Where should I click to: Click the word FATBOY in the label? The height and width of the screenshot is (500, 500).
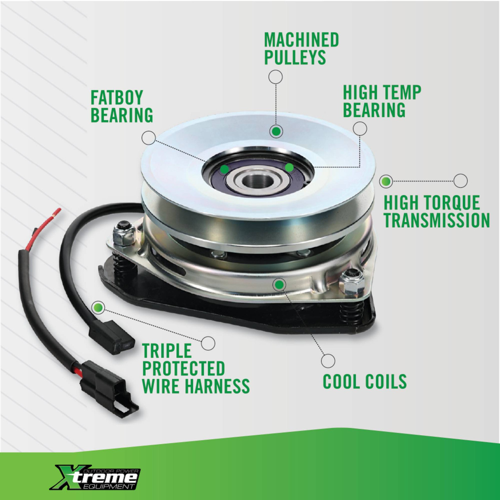click(x=117, y=98)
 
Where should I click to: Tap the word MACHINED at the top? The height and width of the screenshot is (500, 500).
click(x=302, y=39)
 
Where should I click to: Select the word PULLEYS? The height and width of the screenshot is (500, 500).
click(x=295, y=57)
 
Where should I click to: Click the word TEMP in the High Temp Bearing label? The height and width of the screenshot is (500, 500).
click(x=402, y=92)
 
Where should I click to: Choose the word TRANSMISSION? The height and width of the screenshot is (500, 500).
click(x=437, y=220)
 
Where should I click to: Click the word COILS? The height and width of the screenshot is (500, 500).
click(x=385, y=381)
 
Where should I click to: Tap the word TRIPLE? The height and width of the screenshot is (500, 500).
click(x=167, y=350)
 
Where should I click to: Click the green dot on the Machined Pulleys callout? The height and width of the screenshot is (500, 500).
click(x=276, y=132)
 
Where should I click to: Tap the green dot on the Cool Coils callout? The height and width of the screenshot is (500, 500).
click(x=279, y=285)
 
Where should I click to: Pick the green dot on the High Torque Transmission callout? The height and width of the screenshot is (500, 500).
click(x=386, y=181)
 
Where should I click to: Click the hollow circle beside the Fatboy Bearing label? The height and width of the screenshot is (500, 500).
click(x=149, y=138)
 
